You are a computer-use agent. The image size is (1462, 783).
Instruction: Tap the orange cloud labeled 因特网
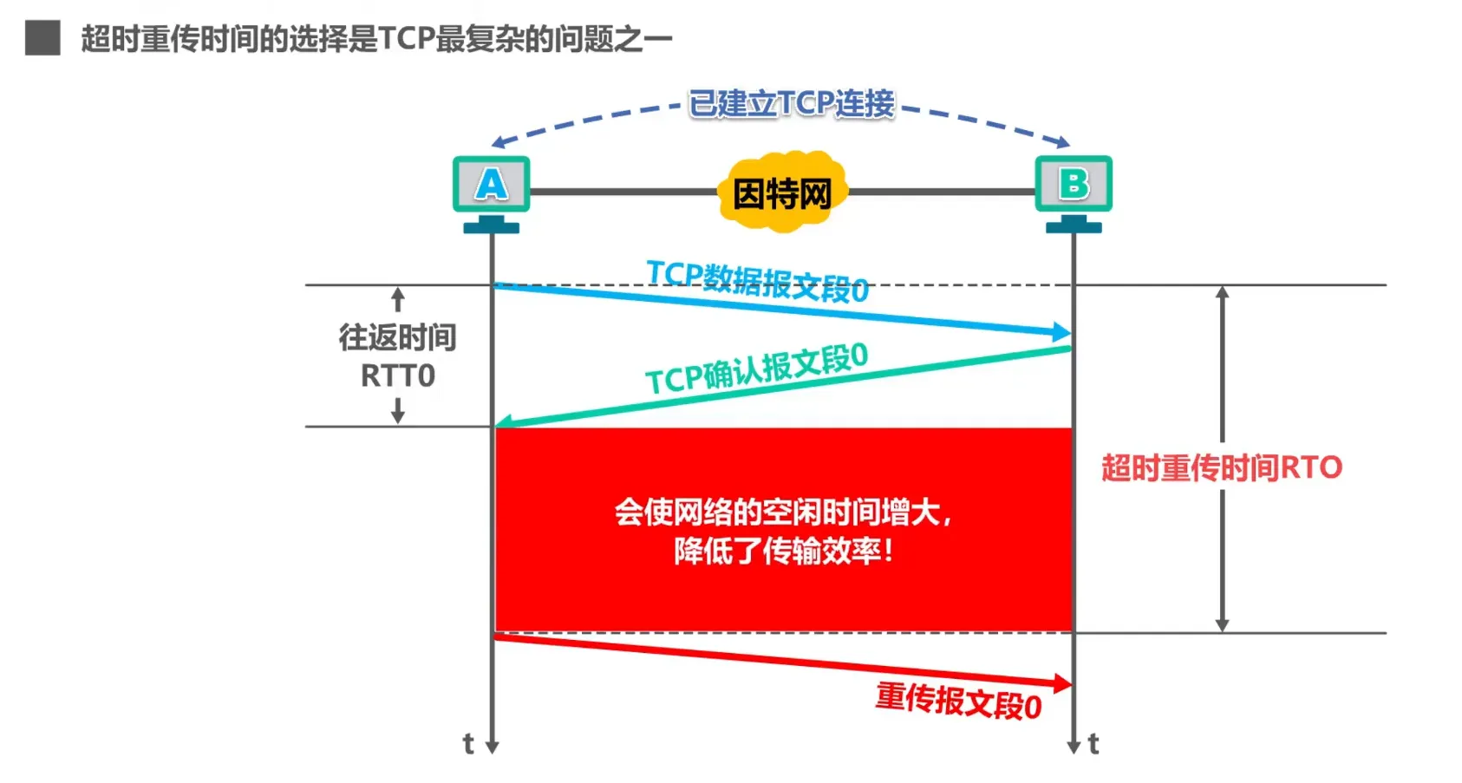click(782, 192)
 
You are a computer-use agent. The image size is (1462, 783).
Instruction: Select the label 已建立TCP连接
click(791, 103)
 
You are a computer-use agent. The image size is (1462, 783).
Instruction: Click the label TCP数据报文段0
click(757, 280)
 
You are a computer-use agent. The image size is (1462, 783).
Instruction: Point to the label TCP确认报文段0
click(756, 368)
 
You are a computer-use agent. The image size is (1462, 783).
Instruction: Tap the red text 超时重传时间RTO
click(1221, 468)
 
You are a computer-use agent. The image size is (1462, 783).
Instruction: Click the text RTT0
click(397, 376)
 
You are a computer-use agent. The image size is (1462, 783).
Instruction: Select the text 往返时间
click(397, 337)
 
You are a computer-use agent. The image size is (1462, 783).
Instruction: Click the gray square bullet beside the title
click(42, 38)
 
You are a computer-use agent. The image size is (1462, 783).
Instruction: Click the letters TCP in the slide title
click(407, 39)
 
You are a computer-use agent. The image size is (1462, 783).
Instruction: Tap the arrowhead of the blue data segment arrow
click(1062, 332)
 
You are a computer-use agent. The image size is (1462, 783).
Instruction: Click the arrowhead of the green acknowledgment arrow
click(504, 422)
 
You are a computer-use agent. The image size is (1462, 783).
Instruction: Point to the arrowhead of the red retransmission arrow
click(1062, 683)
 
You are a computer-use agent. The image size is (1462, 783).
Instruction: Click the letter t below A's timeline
click(468, 744)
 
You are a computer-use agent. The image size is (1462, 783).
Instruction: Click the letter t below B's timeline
click(1093, 744)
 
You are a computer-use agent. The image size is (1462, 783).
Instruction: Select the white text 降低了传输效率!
click(783, 551)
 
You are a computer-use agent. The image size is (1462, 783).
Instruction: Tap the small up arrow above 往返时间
click(398, 300)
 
